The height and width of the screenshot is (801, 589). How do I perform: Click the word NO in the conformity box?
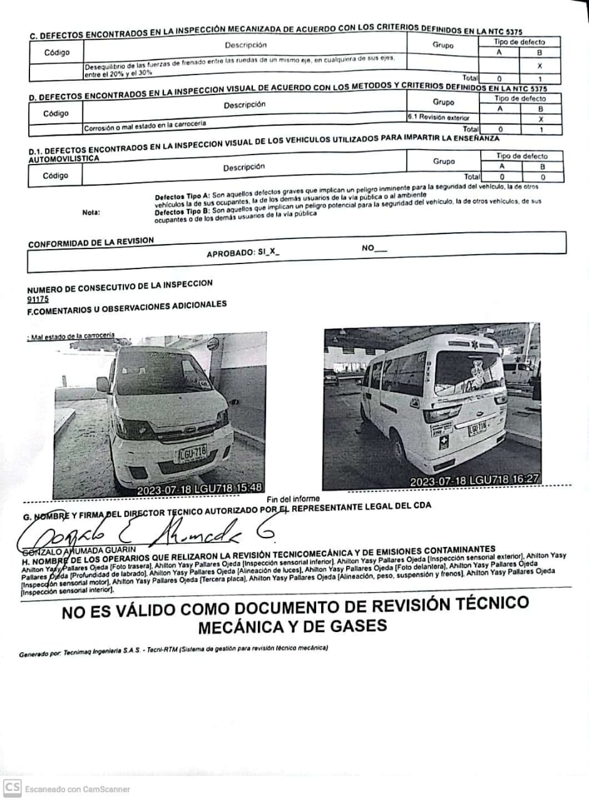368,248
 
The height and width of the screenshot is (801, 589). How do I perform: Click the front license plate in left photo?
192,453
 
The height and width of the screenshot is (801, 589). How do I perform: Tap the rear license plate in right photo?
478,428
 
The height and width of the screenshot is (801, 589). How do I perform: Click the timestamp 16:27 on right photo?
525,481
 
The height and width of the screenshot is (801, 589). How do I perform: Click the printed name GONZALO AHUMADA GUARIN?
69,550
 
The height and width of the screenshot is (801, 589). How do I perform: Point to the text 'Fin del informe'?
293,499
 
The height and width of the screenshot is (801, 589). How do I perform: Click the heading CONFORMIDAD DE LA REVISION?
91,242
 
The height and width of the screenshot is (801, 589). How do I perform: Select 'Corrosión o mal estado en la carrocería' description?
145,127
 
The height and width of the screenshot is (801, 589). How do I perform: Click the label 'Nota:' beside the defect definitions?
91,212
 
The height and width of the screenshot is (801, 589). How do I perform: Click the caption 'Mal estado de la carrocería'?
71,336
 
